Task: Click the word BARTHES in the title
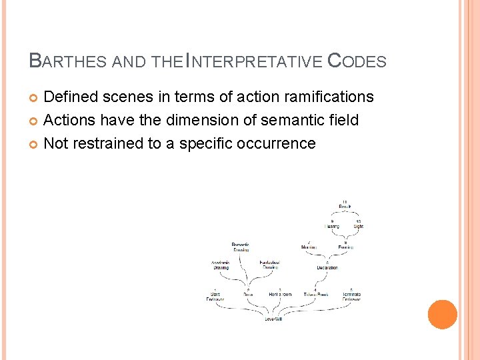(x=69, y=61)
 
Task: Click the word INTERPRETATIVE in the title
(x=254, y=61)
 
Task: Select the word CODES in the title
(x=357, y=61)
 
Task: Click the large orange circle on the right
(x=442, y=315)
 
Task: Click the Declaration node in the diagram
(x=327, y=267)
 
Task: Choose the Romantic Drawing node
(x=241, y=247)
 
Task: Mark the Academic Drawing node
(x=221, y=265)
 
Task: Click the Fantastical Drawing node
(x=269, y=265)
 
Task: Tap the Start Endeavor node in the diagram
(x=215, y=297)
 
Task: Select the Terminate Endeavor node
(x=351, y=297)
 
